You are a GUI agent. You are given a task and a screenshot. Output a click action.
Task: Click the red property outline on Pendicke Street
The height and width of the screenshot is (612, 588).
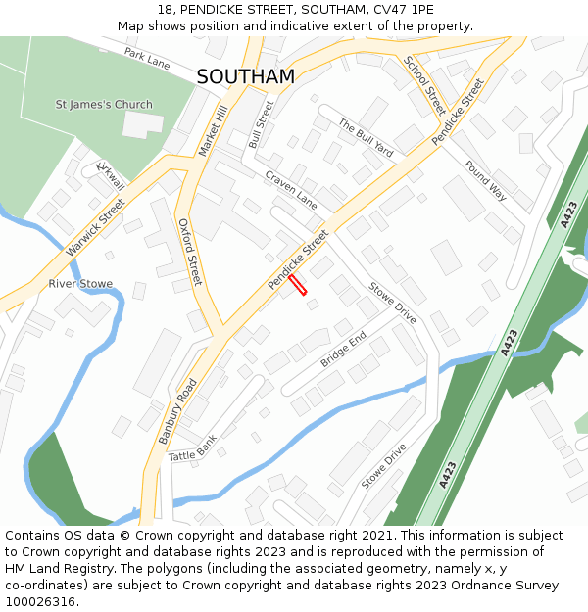tap(298, 284)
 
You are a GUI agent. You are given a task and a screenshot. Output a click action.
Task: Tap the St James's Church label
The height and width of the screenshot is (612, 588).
tap(104, 105)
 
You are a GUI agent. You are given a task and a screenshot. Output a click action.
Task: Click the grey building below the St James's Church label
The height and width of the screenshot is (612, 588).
tap(143, 124)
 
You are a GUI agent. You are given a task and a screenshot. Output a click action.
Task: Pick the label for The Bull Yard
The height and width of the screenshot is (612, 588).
tap(366, 138)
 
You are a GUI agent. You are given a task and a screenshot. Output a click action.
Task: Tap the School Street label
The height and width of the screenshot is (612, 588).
tap(424, 85)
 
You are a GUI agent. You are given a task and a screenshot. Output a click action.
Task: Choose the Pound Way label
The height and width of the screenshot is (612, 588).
tap(485, 180)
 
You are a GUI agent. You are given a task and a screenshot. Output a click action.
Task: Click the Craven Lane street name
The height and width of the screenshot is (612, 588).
tap(291, 189)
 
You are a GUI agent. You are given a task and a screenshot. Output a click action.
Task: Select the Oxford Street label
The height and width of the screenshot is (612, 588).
tap(189, 252)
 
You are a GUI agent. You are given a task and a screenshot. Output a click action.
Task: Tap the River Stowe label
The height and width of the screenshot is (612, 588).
tap(80, 284)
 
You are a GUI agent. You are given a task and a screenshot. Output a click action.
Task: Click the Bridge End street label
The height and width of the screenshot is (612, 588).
tap(343, 350)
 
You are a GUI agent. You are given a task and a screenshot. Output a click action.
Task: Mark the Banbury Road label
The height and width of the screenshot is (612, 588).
tap(178, 410)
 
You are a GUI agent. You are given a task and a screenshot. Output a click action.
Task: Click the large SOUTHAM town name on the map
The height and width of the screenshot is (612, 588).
tap(245, 76)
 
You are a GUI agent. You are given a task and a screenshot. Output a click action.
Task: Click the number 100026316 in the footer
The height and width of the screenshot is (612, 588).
tap(41, 602)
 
